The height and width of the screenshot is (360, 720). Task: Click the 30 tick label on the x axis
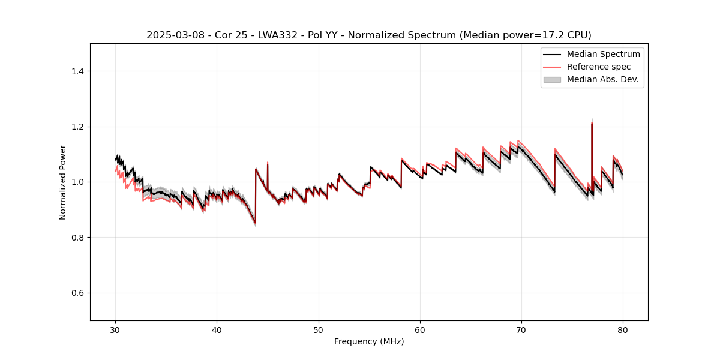pyautogui.click(x=116, y=330)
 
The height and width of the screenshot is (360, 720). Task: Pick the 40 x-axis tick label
pyautogui.click(x=217, y=330)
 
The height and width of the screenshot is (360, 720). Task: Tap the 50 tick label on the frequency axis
pyautogui.click(x=319, y=330)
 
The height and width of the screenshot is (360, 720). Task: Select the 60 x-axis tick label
pyautogui.click(x=420, y=330)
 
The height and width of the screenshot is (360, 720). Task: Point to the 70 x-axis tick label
pyautogui.click(x=521, y=330)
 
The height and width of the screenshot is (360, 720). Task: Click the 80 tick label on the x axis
pyautogui.click(x=623, y=330)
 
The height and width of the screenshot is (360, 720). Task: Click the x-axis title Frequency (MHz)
pyautogui.click(x=369, y=341)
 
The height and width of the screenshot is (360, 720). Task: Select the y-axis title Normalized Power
pyautogui.click(x=63, y=182)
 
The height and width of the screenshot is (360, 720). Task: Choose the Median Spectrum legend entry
pyautogui.click(x=603, y=54)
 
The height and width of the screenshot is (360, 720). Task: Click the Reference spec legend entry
pyautogui.click(x=599, y=67)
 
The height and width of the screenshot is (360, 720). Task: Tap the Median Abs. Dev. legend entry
pyautogui.click(x=602, y=79)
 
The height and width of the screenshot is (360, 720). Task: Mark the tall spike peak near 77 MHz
pyautogui.click(x=592, y=122)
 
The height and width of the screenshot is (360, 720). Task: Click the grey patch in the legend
pyautogui.click(x=552, y=79)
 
